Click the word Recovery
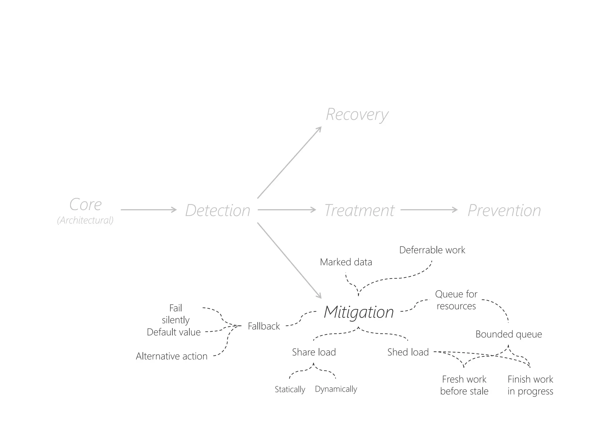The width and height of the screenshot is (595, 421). pyautogui.click(x=357, y=114)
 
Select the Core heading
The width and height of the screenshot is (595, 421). pyautogui.click(x=85, y=204)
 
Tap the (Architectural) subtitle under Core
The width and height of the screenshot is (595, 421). pyautogui.click(x=85, y=220)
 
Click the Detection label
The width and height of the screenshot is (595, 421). pyautogui.click(x=218, y=210)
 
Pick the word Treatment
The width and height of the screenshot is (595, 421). pyautogui.click(x=359, y=210)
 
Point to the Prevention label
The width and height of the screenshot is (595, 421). pyautogui.click(x=504, y=210)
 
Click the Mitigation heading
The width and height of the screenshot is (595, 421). pyautogui.click(x=359, y=312)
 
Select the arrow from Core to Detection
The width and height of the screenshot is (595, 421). pyautogui.click(x=148, y=209)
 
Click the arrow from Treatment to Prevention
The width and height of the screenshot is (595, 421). pyautogui.click(x=429, y=209)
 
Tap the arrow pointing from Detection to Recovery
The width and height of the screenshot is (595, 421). pyautogui.click(x=289, y=163)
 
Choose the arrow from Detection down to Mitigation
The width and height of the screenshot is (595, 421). pyautogui.click(x=289, y=260)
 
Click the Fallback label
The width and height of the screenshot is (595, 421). pyautogui.click(x=264, y=326)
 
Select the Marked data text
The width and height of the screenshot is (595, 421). pyautogui.click(x=346, y=262)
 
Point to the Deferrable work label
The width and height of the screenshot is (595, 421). pyautogui.click(x=432, y=250)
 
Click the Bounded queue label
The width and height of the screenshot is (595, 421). pyautogui.click(x=508, y=334)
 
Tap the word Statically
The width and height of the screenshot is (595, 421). pyautogui.click(x=290, y=389)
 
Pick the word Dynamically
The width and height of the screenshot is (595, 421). pyautogui.click(x=336, y=389)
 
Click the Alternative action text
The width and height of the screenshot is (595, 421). pyautogui.click(x=171, y=356)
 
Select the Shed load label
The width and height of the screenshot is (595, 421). pyautogui.click(x=408, y=352)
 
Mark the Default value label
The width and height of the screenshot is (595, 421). pyautogui.click(x=173, y=332)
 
